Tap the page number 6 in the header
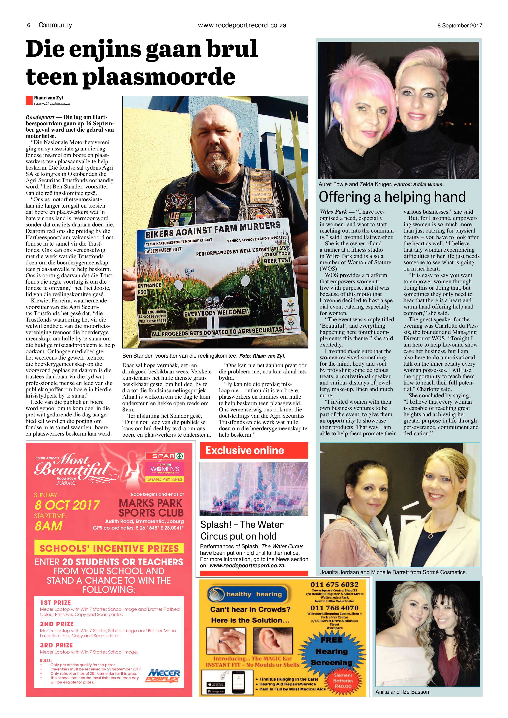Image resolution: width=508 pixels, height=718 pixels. point(28,25)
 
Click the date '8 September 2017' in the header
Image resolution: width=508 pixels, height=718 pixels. point(460,26)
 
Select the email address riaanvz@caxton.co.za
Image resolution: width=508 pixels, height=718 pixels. point(52,104)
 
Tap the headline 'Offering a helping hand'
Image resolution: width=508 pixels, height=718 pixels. point(392,197)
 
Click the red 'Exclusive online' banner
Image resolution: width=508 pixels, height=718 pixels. point(254,450)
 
